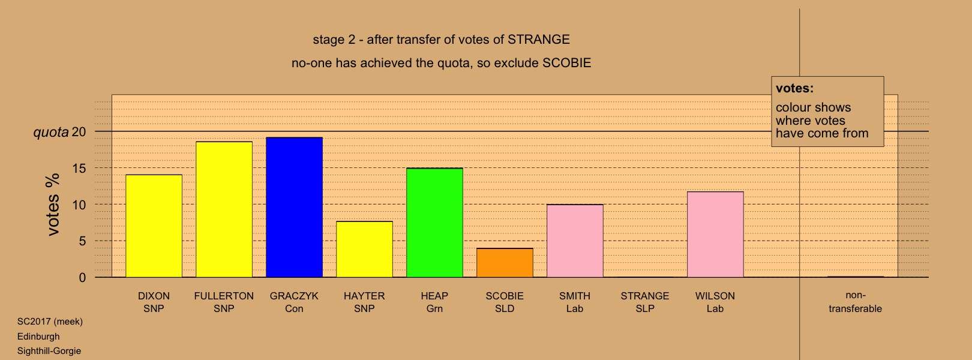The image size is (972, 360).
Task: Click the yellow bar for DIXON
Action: click(154, 226)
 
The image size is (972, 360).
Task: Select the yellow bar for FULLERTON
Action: click(224, 209)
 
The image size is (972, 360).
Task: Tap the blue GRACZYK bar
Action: click(294, 208)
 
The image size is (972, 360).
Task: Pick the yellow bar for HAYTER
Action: click(365, 250)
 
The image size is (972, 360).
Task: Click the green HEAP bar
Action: click(434, 223)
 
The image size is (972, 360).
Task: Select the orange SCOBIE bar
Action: click(505, 263)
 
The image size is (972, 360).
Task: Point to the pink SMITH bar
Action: click(575, 241)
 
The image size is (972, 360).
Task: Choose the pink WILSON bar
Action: click(715, 235)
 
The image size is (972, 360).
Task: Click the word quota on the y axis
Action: click(51, 132)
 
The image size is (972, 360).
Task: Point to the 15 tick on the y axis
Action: click(79, 168)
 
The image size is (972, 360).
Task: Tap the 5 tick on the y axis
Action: click(82, 241)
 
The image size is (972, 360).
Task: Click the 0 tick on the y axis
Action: click(82, 278)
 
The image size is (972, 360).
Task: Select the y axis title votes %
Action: click(53, 205)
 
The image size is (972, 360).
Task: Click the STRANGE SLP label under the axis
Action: click(645, 302)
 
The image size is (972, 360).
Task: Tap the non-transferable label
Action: click(855, 302)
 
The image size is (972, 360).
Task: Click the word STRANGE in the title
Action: click(539, 40)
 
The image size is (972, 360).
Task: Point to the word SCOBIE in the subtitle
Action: click(567, 63)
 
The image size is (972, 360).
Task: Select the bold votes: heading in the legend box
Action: click(794, 88)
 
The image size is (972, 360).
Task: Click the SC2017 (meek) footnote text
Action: click(50, 322)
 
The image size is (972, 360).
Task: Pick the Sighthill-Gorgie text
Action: click(49, 351)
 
